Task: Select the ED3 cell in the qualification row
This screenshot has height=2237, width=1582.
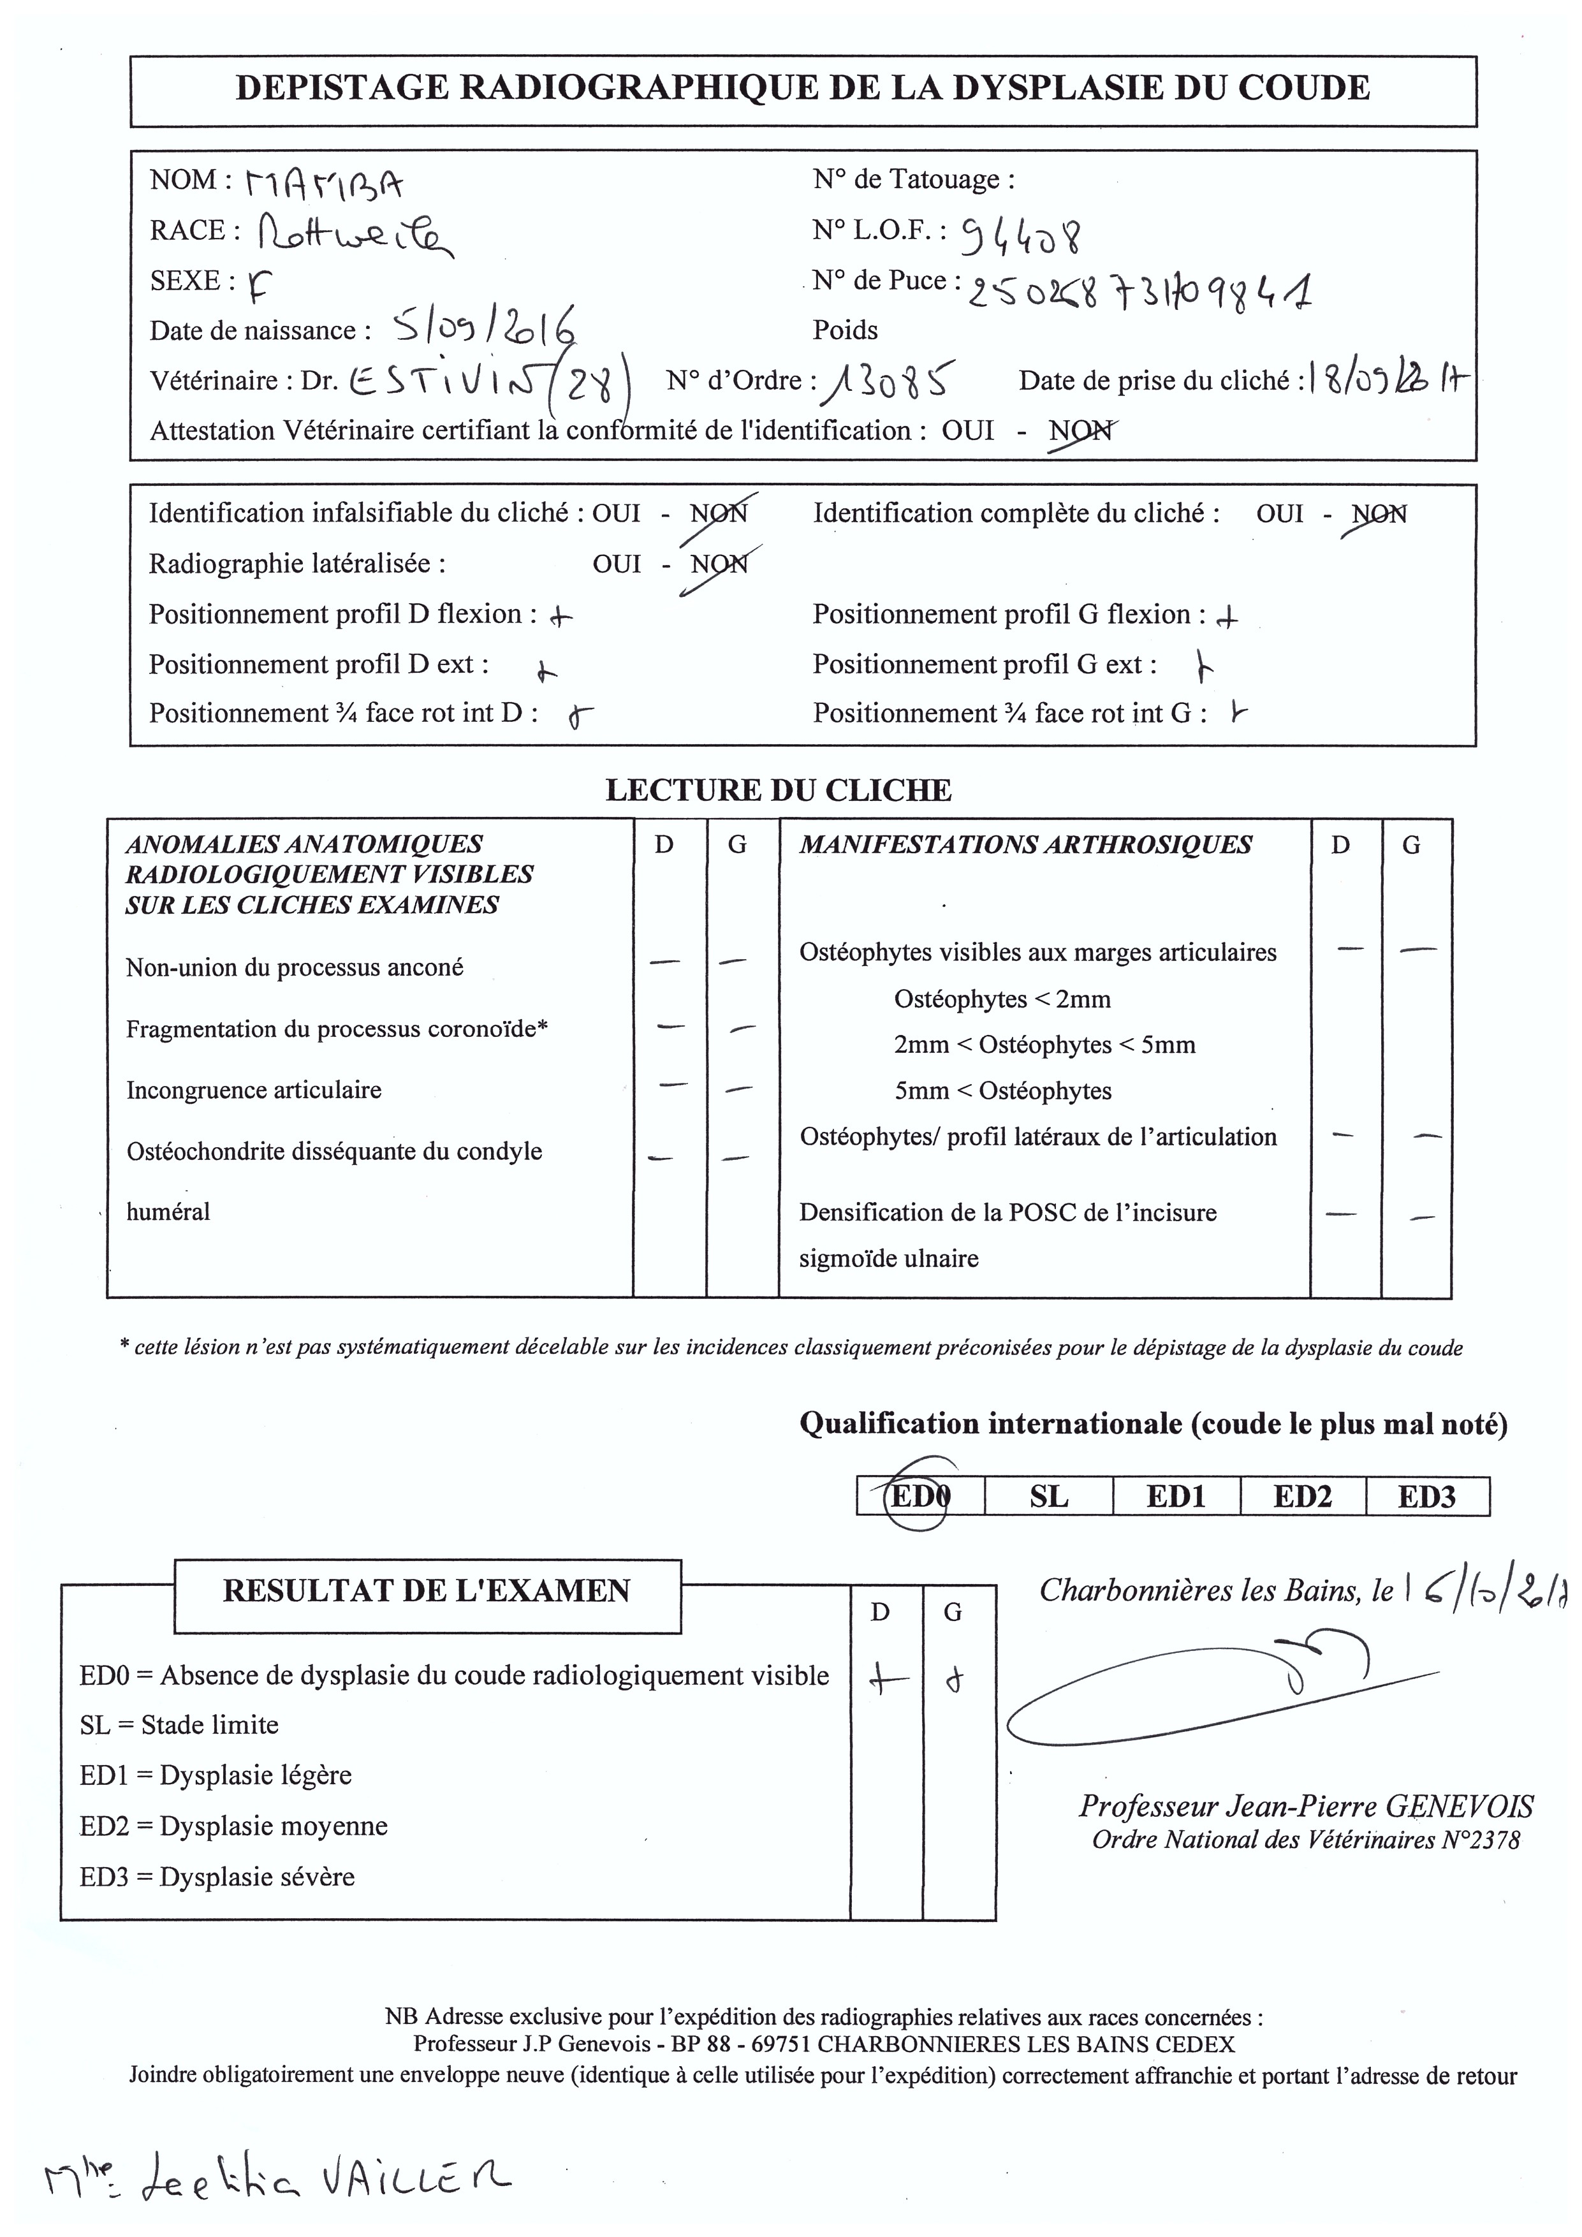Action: pos(1427,1495)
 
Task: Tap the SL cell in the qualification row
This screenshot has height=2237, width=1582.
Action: pos(1048,1495)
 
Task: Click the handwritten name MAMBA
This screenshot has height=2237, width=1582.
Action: pos(325,183)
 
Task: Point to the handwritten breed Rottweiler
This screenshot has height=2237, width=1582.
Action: pos(356,234)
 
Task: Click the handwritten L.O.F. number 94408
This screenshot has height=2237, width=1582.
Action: pos(1021,234)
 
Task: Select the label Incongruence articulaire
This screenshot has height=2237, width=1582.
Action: pos(253,1089)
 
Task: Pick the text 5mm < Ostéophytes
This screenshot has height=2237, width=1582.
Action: pos(1002,1090)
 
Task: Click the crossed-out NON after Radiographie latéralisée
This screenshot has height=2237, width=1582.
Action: pos(719,564)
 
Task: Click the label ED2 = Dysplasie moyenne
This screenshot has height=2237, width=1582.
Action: pos(234,1826)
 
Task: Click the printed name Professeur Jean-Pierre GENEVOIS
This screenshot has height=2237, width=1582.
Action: pos(1305,1807)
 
